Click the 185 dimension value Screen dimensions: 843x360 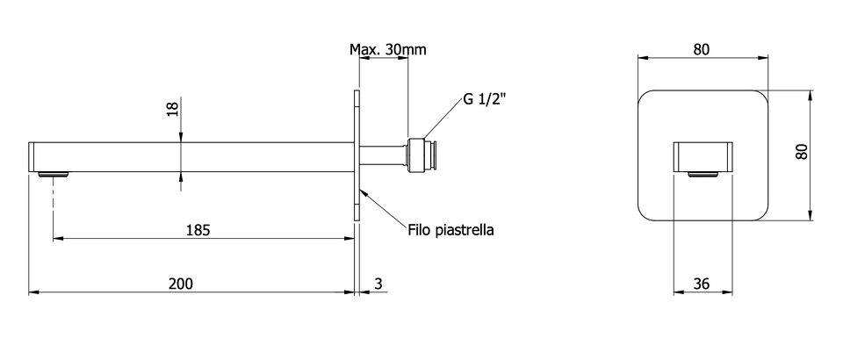click(x=198, y=230)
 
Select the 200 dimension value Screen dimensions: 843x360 click(x=181, y=284)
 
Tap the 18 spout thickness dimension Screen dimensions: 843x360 click(x=172, y=109)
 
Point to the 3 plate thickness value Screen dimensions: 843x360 click(x=378, y=284)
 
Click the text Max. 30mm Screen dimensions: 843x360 click(x=387, y=49)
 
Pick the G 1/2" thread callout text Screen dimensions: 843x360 click(x=484, y=99)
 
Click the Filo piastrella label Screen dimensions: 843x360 click(x=450, y=231)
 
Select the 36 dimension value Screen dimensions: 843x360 click(x=702, y=284)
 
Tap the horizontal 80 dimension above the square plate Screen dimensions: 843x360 click(x=701, y=49)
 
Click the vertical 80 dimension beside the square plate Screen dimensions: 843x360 click(x=802, y=152)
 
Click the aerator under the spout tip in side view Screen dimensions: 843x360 click(x=54, y=174)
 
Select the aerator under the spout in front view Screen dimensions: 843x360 click(x=702, y=174)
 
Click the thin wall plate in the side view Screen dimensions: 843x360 click(x=357, y=155)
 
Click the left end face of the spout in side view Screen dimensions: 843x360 click(x=32, y=157)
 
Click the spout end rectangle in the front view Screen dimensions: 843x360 click(x=702, y=157)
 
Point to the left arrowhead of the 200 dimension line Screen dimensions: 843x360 click(x=33, y=292)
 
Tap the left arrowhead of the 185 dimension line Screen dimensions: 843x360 click(x=58, y=239)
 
